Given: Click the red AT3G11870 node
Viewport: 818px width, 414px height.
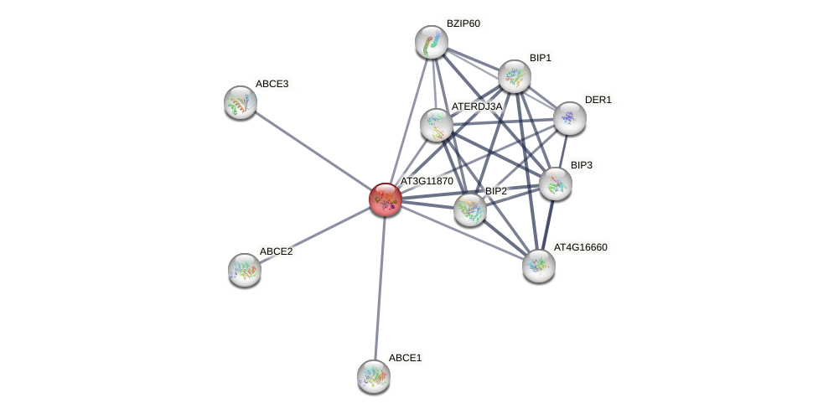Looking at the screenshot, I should tap(386, 199).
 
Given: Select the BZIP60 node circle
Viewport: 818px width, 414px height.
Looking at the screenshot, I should tap(432, 43).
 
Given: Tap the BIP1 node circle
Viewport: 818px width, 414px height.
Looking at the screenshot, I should tap(515, 76).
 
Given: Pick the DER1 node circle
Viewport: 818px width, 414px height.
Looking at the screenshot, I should tap(569, 118).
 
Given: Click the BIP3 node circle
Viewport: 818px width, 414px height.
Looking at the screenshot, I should tap(556, 184).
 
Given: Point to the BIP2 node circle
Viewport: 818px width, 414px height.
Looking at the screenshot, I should tap(470, 210).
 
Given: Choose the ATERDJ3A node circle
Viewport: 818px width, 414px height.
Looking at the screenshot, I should tap(437, 125).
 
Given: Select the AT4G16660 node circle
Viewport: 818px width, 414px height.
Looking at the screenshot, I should tap(539, 266).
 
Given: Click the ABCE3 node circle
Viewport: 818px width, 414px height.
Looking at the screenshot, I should tap(241, 102).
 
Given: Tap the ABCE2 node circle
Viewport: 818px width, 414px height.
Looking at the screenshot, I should tap(245, 270).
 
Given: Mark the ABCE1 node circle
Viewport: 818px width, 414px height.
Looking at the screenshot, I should tap(374, 376).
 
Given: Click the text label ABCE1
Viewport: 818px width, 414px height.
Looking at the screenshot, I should tap(405, 358).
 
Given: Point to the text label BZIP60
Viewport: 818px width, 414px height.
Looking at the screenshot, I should tap(463, 23).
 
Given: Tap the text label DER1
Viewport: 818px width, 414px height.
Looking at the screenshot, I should tap(598, 100).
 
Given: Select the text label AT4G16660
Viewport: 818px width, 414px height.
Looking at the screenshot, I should tap(580, 247).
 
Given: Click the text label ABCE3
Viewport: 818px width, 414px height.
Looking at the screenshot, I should tap(272, 84).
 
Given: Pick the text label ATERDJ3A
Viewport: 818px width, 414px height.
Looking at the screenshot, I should tap(476, 106).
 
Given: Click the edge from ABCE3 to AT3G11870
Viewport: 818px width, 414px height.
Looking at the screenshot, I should tap(313, 151).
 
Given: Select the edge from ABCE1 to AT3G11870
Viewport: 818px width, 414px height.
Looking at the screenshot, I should tap(380, 287).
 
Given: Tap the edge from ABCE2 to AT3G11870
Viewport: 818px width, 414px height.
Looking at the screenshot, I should tap(315, 235).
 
